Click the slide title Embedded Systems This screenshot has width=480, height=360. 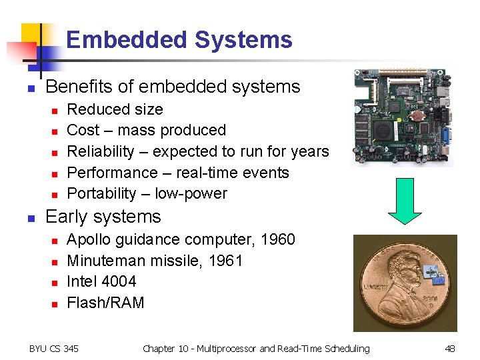(x=179, y=40)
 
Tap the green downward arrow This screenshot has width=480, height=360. (x=405, y=200)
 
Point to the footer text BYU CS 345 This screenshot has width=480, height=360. (x=53, y=348)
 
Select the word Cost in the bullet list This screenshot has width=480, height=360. (x=83, y=130)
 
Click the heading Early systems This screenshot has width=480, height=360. (x=103, y=217)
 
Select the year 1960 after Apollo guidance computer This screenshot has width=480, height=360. (x=277, y=239)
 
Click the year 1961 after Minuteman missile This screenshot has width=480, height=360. (x=225, y=261)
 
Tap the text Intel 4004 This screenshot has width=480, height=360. (x=101, y=281)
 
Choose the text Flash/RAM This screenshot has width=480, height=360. (x=105, y=303)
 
